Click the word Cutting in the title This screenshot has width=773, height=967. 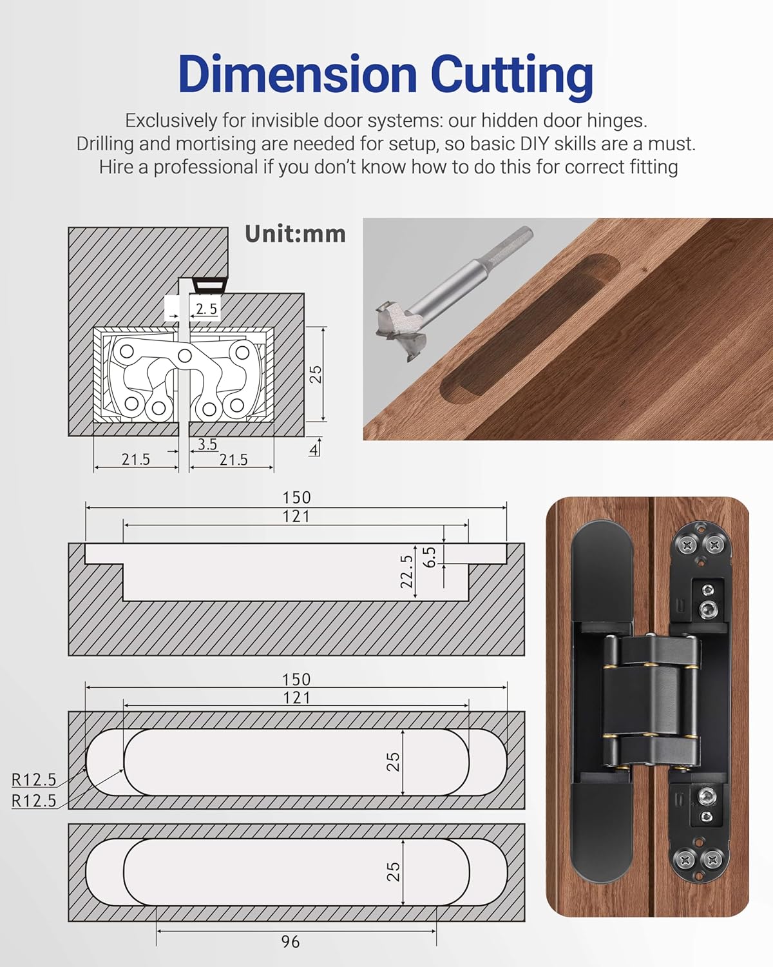pos(511,75)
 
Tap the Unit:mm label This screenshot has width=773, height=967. pos(295,234)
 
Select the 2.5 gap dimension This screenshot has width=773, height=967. pos(206,309)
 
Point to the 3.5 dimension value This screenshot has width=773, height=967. pos(207,444)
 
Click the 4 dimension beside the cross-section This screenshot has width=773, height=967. pos(313,449)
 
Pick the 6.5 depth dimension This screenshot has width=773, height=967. pos(430,557)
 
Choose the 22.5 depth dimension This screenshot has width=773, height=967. pos(406,572)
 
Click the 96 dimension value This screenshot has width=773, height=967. pos(291,942)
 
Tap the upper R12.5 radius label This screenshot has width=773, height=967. pos(34,779)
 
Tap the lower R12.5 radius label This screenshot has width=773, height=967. pos(34,801)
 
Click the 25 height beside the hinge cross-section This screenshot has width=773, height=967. pos(316,374)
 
